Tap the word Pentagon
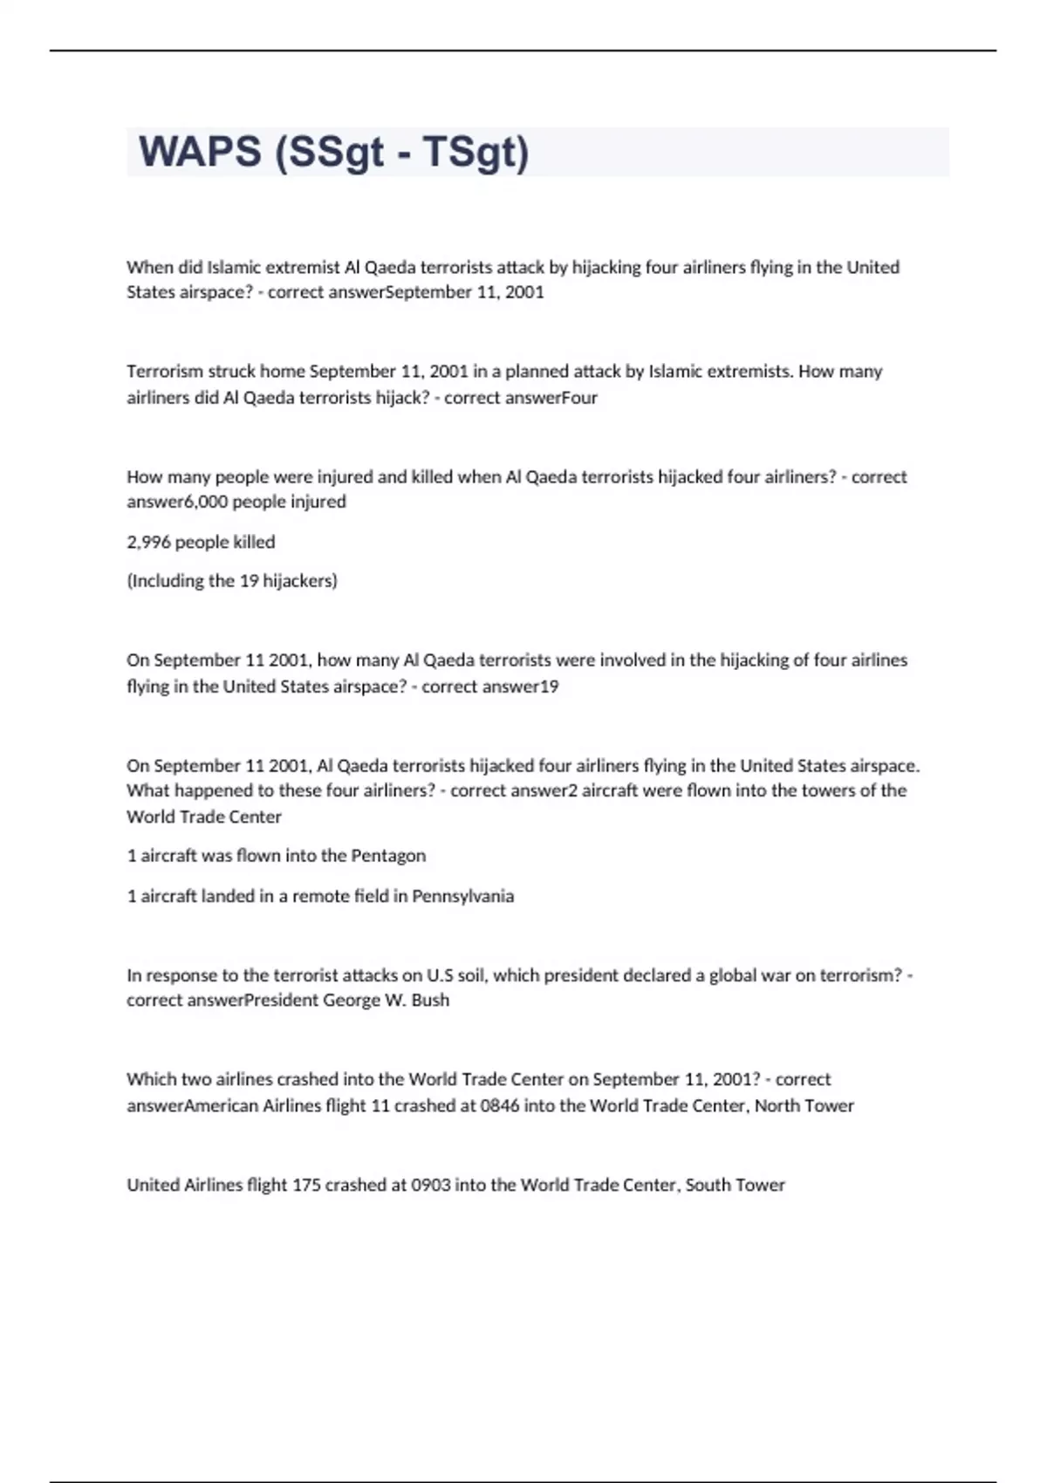point(388,856)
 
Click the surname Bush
point(430,1001)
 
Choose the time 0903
point(431,1185)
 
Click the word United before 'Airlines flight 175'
point(154,1185)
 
